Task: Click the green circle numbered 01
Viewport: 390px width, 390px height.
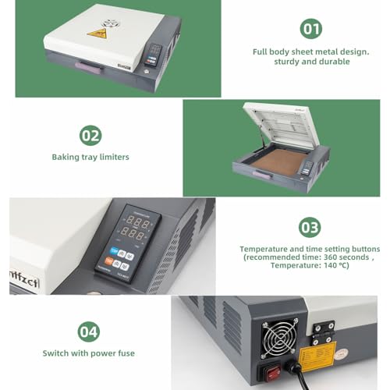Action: pos(311,30)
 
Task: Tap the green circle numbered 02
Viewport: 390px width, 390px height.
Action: pos(90,135)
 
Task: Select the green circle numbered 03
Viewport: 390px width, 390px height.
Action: pos(310,227)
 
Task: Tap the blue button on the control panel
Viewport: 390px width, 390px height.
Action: pos(115,251)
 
